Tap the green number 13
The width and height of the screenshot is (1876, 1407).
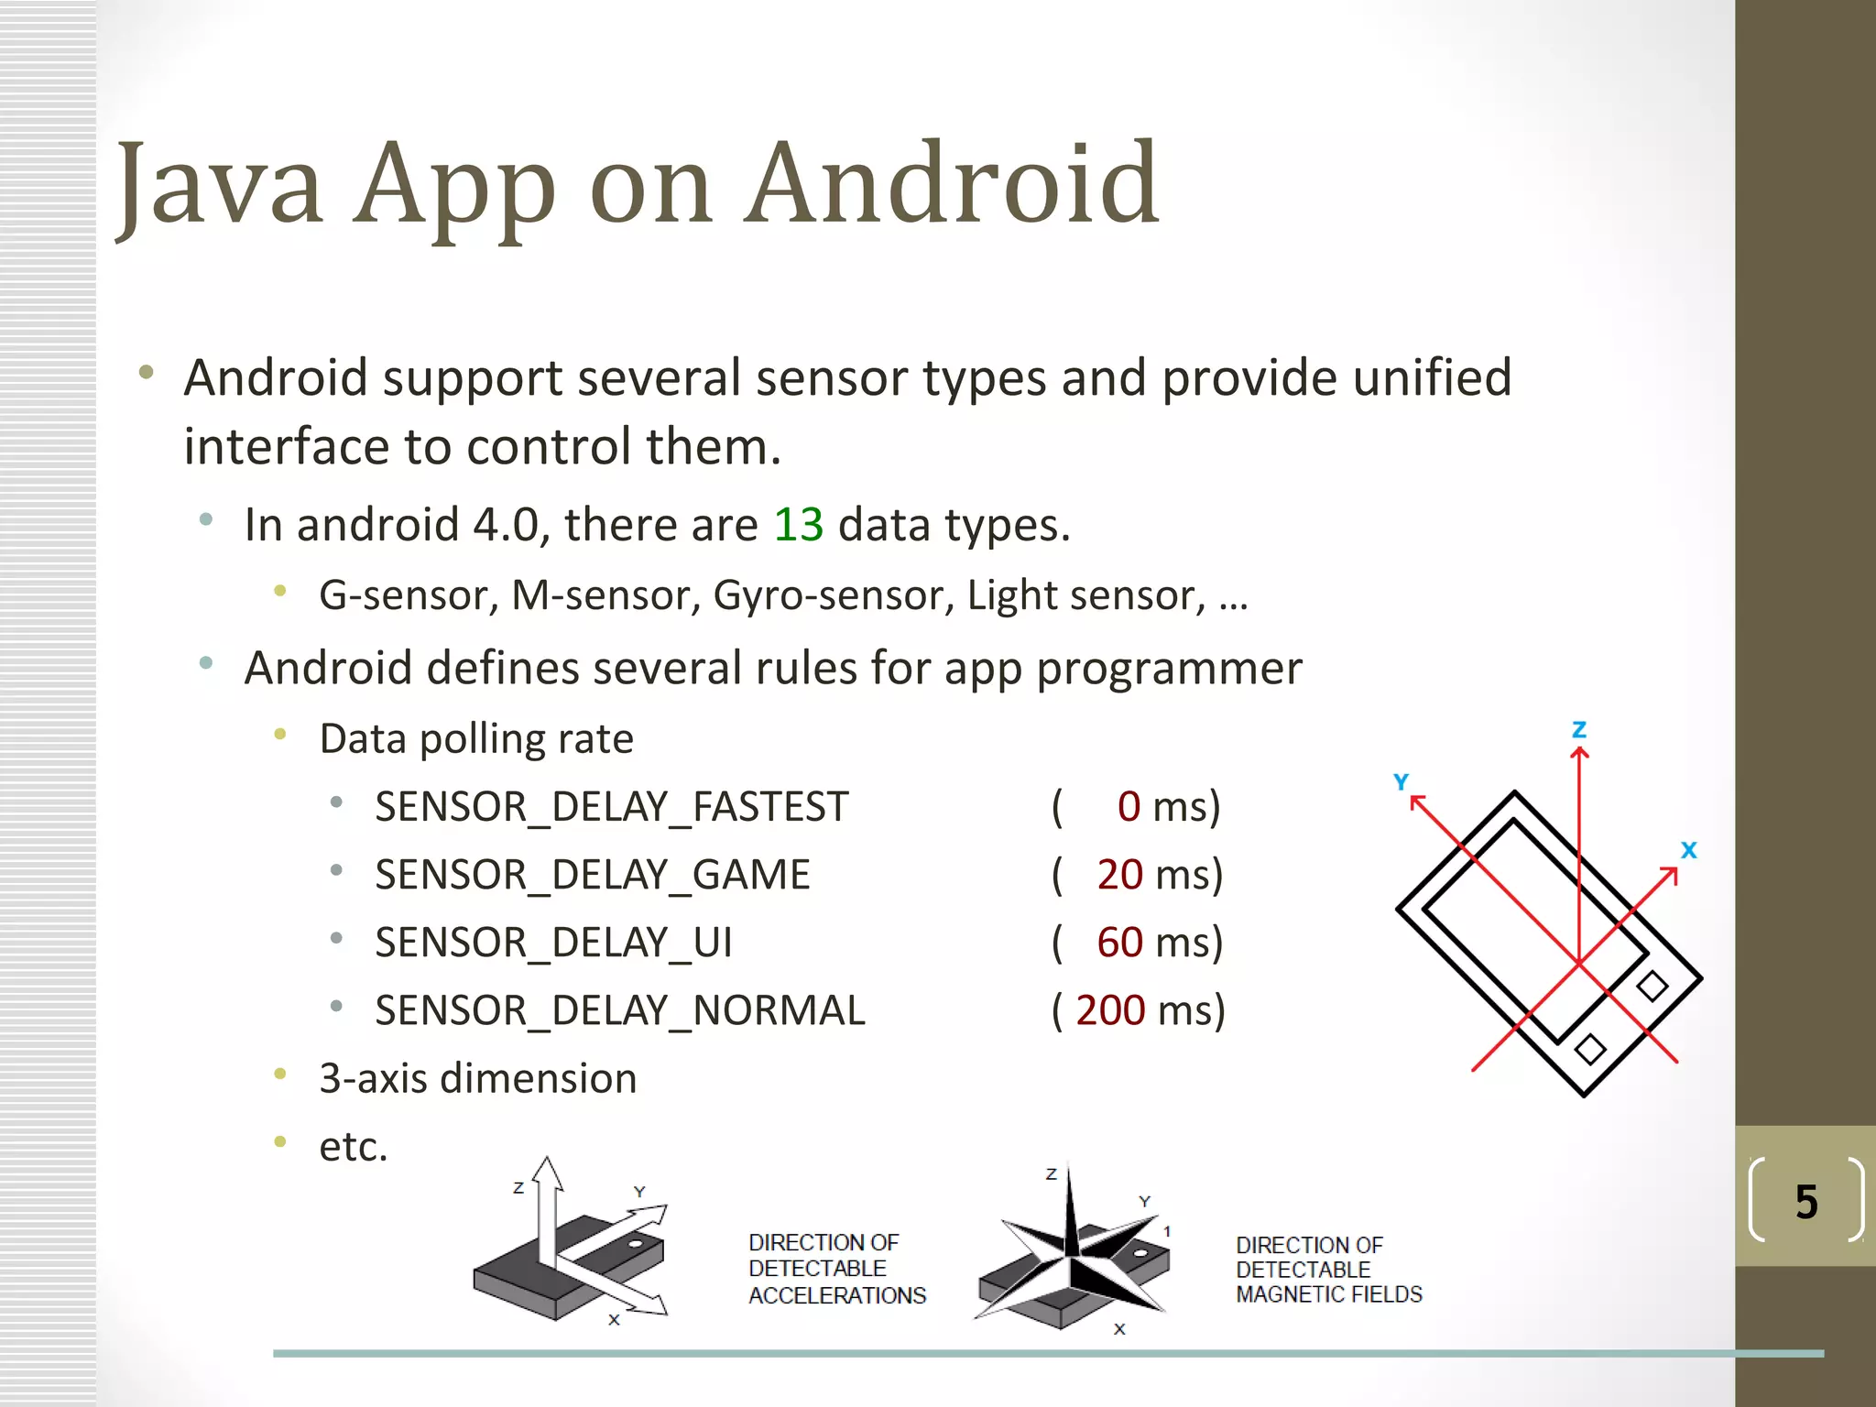point(798,525)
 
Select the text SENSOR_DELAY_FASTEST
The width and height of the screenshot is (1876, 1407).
point(612,807)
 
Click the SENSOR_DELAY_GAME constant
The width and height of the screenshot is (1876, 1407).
point(593,875)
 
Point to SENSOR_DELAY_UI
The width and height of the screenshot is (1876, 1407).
point(553,943)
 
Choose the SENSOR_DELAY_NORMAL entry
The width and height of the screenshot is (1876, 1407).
point(620,1010)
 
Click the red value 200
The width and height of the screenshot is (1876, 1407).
point(1110,1010)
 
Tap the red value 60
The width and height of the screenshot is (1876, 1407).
point(1119,943)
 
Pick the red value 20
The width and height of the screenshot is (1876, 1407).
point(1119,875)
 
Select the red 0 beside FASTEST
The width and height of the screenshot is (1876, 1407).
point(1129,807)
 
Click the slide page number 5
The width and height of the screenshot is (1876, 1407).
point(1806,1202)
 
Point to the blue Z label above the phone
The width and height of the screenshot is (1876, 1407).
point(1579,730)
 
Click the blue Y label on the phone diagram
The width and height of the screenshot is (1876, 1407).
point(1401,781)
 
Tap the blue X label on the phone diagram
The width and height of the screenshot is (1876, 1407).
point(1689,850)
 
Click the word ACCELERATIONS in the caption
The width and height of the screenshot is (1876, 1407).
point(837,1295)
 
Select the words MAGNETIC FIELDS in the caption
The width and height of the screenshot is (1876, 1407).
point(1329,1294)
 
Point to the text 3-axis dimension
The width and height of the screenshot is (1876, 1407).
point(477,1078)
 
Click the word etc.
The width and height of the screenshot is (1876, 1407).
point(354,1147)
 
